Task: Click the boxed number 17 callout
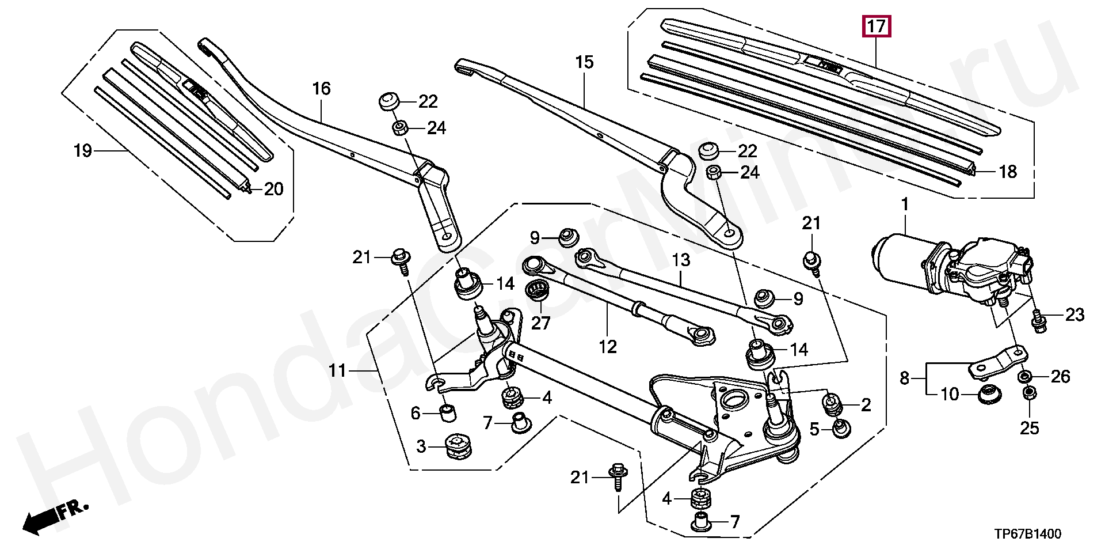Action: coord(875,26)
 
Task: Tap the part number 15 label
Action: coord(584,62)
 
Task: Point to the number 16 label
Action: coord(321,89)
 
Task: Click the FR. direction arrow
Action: coord(55,517)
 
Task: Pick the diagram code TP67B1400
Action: coord(1028,534)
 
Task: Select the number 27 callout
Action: coord(541,323)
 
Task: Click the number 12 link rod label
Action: coord(608,346)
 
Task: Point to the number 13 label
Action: coord(681,260)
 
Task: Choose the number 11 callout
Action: coord(337,370)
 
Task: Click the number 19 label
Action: coord(83,151)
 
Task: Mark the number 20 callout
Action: coord(274,189)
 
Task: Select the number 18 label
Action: coord(1008,172)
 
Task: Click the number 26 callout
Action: coord(1060,377)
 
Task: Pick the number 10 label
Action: coord(950,395)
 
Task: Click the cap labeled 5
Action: coord(841,428)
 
